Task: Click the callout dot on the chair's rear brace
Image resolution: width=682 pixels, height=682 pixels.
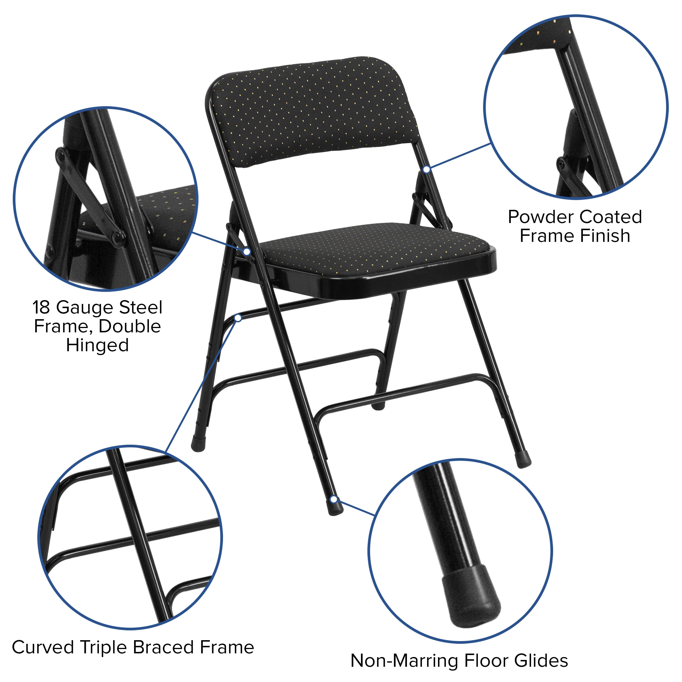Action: coord(238,318)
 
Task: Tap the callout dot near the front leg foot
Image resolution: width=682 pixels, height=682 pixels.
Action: coord(333,499)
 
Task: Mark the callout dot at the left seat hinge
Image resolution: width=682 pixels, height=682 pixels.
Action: coord(247,252)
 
